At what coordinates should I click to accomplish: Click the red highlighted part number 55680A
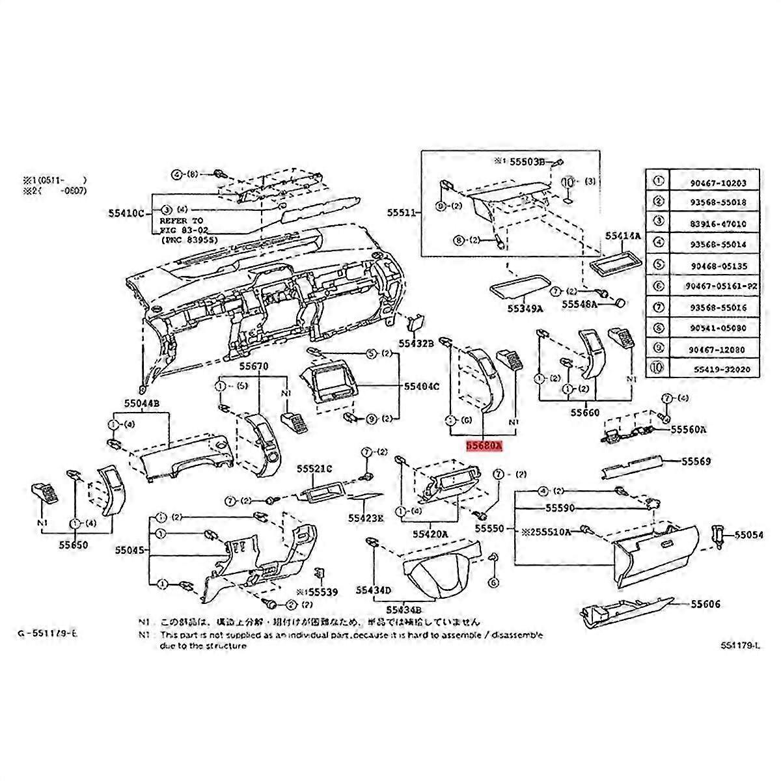pos(484,446)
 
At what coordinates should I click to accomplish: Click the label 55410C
pos(127,213)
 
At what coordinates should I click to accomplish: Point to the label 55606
pos(706,605)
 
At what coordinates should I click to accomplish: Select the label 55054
pos(750,534)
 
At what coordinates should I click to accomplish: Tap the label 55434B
pos(404,609)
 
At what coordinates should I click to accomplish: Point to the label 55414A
pos(623,236)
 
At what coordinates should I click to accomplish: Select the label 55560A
pos(689,430)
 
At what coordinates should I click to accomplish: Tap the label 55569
pos(696,461)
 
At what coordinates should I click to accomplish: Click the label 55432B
pos(417,342)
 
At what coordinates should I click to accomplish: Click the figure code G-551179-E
pos(50,633)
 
